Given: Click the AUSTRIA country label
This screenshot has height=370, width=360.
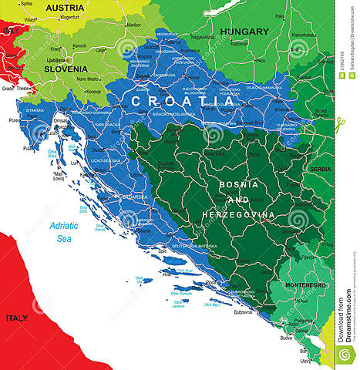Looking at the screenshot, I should [65, 8].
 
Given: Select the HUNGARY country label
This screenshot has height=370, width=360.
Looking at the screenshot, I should [244, 32].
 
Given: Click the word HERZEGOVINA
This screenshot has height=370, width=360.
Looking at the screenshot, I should [239, 214].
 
